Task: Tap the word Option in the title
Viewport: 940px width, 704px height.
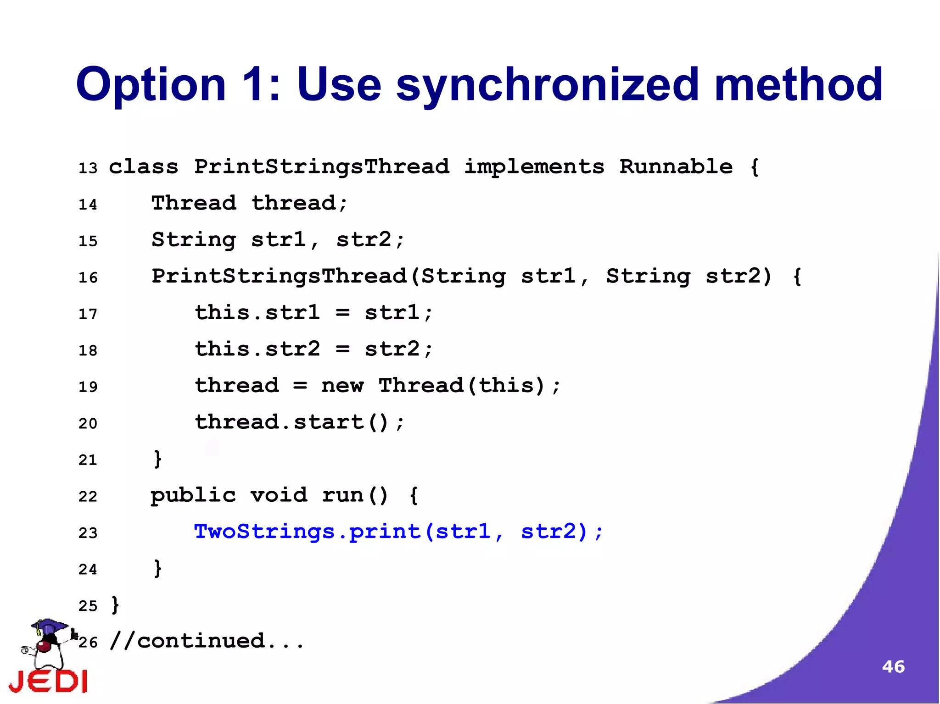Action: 151,85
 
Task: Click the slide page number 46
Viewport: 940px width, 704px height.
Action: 893,666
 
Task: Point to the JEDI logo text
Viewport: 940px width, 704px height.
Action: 48,681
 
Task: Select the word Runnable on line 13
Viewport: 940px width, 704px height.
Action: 676,166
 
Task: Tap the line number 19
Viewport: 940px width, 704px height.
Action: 88,387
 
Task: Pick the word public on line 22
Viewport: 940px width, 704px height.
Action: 193,496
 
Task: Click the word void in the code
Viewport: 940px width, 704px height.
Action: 279,495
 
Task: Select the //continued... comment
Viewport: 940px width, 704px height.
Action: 207,641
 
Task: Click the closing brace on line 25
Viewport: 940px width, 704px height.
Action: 115,605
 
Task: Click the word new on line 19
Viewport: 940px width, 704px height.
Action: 342,386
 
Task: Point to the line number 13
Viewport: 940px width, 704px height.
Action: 88,168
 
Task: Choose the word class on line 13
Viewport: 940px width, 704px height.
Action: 143,166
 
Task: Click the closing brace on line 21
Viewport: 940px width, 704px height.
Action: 157,459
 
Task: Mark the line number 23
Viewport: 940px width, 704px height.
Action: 88,533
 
